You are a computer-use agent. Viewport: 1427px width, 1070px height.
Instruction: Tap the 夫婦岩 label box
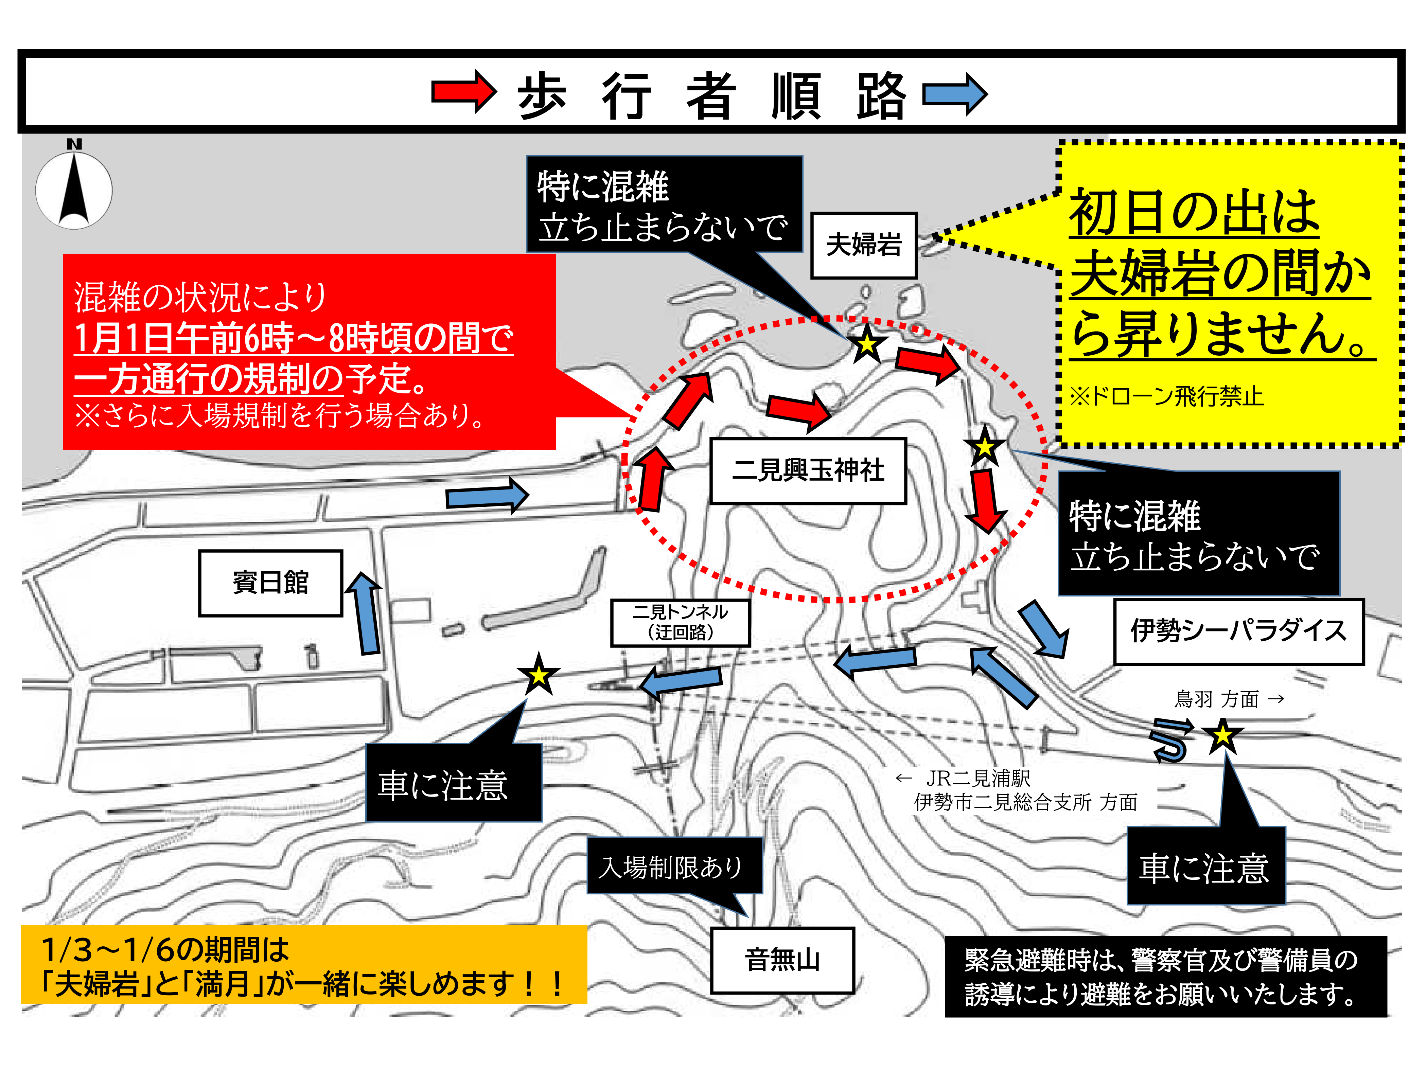[x=863, y=245]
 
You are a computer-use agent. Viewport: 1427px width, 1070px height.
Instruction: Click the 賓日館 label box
[x=270, y=583]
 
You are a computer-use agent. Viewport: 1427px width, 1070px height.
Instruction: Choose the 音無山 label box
[x=782, y=960]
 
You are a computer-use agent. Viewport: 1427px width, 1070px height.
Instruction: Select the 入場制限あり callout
[x=674, y=866]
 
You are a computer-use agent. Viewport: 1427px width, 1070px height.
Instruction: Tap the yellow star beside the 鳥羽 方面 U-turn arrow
[x=1222, y=735]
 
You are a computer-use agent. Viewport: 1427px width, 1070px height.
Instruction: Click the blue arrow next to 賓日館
[x=366, y=613]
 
